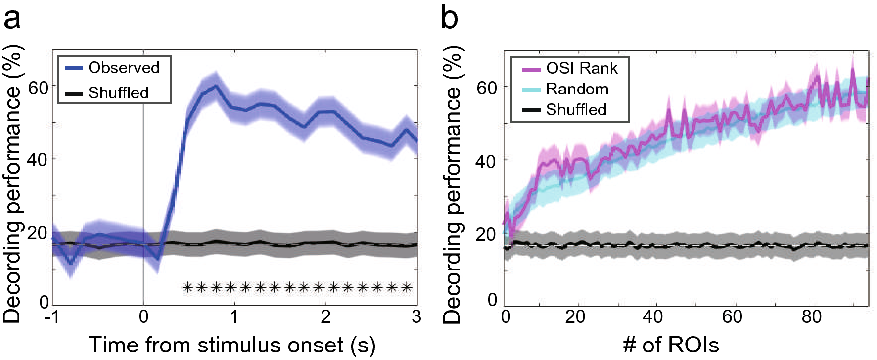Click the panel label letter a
point(12,20)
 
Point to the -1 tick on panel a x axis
point(52,317)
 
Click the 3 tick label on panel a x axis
point(416,317)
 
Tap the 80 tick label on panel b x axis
point(811,317)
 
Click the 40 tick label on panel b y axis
point(486,161)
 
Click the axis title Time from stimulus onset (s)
point(231,345)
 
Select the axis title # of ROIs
point(670,345)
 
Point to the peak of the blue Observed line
point(216,87)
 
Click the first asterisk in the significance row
point(187,287)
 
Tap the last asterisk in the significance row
point(407,287)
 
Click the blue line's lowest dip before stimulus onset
point(71,264)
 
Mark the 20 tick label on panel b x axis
point(575,317)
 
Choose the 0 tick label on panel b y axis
point(492,300)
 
